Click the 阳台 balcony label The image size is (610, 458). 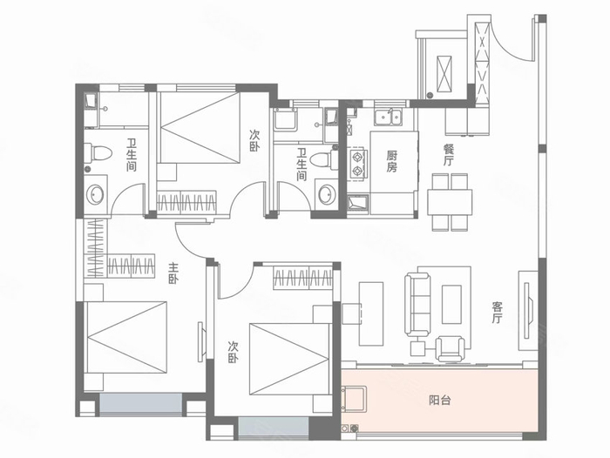[439, 400]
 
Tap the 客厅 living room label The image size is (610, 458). [498, 313]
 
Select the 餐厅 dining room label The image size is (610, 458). [449, 155]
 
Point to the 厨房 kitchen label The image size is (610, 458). [392, 162]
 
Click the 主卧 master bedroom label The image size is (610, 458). [173, 273]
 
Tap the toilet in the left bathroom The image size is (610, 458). [98, 152]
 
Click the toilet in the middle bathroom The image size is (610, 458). [325, 159]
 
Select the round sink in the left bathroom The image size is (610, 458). [95, 195]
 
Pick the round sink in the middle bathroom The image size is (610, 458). [326, 195]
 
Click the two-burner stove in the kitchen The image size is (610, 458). [356, 164]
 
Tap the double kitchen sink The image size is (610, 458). [388, 118]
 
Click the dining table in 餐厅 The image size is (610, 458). [450, 202]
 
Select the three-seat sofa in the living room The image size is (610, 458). [417, 305]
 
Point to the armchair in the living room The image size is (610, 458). [451, 348]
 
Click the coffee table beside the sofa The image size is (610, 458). [451, 304]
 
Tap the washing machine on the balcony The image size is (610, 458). [354, 399]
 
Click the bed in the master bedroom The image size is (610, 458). [125, 337]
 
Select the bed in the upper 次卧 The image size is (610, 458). [200, 127]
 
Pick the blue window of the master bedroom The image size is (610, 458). [141, 404]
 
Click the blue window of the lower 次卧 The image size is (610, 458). [274, 428]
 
